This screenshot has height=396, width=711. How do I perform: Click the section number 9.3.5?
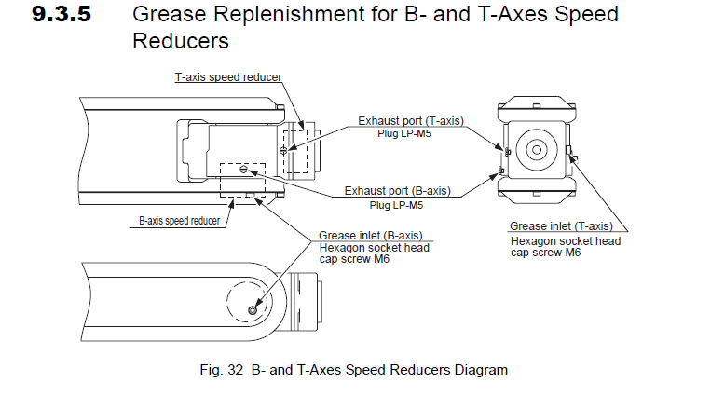(x=64, y=16)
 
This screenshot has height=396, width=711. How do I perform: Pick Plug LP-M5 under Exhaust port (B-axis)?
(x=397, y=204)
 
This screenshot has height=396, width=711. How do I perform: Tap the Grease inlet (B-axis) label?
(x=371, y=236)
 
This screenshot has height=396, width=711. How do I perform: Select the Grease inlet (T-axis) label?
(x=561, y=226)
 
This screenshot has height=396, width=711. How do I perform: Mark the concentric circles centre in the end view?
(x=538, y=150)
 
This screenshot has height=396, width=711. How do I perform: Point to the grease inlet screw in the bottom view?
(x=253, y=309)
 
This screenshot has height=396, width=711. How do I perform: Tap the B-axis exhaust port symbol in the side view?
(x=243, y=170)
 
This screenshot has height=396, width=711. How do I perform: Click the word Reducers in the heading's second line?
(x=183, y=41)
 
